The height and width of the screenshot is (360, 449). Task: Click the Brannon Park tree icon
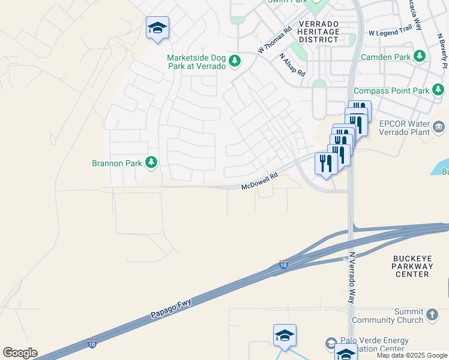tap(151, 163)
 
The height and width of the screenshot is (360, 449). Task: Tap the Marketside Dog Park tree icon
tap(235, 61)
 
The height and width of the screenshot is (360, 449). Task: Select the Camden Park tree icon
tap(420, 57)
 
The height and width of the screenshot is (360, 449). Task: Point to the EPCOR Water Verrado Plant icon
tap(439, 127)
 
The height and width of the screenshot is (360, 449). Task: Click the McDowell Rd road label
tap(261, 182)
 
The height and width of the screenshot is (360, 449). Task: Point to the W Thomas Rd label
tap(274, 39)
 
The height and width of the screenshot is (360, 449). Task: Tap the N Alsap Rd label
tap(292, 64)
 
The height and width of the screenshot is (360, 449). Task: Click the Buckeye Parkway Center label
tap(412, 266)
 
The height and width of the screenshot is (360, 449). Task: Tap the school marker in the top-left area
tap(157, 28)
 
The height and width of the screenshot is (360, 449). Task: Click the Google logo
tap(20, 353)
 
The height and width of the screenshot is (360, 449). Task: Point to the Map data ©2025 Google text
tap(412, 355)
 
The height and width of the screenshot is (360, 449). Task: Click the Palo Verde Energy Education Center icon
tap(331, 343)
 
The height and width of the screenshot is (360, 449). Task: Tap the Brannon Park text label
tap(116, 163)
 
